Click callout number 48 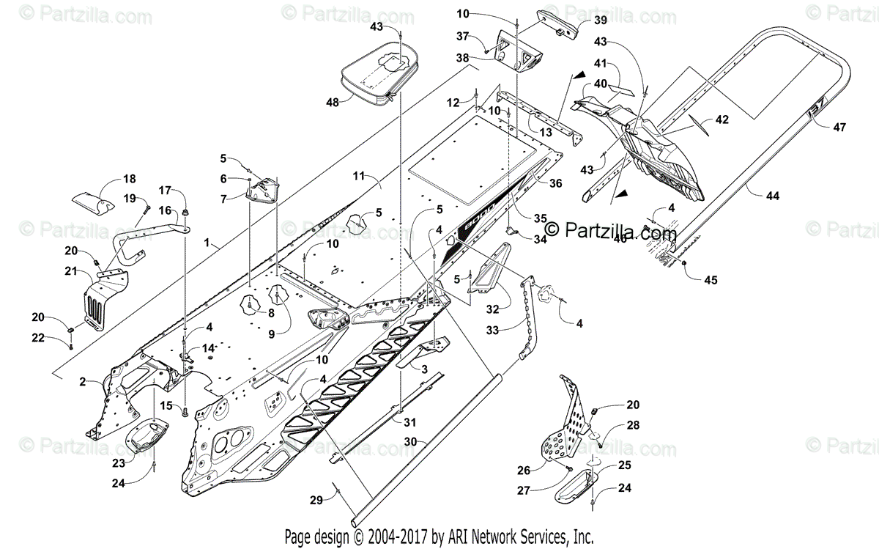coord(333,103)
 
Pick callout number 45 coord(711,279)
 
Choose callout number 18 coord(130,179)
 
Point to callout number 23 coord(117,463)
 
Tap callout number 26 coord(544,470)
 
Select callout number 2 coord(83,382)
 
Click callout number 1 coord(209,241)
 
